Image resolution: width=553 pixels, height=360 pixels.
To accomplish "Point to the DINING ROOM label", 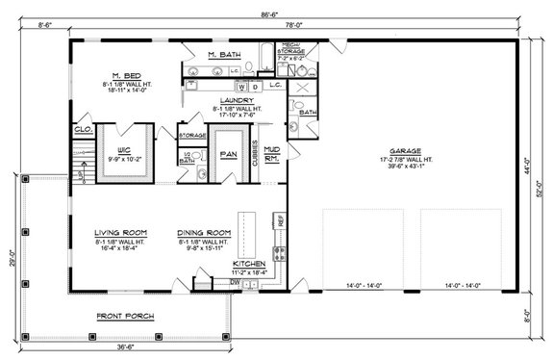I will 204,233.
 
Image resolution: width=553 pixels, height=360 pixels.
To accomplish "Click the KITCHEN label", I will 249,263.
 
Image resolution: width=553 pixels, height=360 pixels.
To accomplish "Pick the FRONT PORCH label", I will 125,316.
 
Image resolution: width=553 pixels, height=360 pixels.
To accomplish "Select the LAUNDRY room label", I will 236,99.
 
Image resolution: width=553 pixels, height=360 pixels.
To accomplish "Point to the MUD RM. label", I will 272,152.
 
